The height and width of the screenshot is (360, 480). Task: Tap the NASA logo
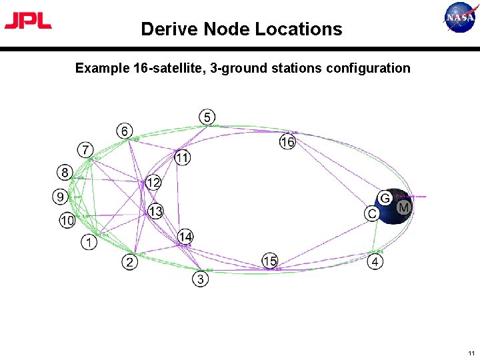tap(461, 17)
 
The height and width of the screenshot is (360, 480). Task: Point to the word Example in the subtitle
tap(99, 68)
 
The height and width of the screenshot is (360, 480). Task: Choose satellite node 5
tap(207, 117)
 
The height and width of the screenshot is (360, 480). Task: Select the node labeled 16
tap(287, 142)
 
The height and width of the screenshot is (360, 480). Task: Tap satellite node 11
tap(183, 158)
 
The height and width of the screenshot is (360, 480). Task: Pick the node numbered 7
tap(85, 149)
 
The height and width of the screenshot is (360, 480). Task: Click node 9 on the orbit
tap(61, 197)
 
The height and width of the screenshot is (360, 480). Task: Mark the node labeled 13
tap(155, 212)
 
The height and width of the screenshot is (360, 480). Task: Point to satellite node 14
tap(185, 237)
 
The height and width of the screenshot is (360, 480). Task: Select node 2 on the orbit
tap(130, 262)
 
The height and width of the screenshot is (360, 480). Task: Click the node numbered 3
tap(201, 279)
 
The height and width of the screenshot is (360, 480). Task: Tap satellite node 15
tap(269, 261)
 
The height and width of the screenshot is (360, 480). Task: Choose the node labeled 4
tap(375, 262)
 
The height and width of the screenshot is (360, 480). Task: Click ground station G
tap(385, 198)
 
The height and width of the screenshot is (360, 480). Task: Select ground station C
tap(372, 213)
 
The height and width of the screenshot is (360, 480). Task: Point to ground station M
tap(403, 209)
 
